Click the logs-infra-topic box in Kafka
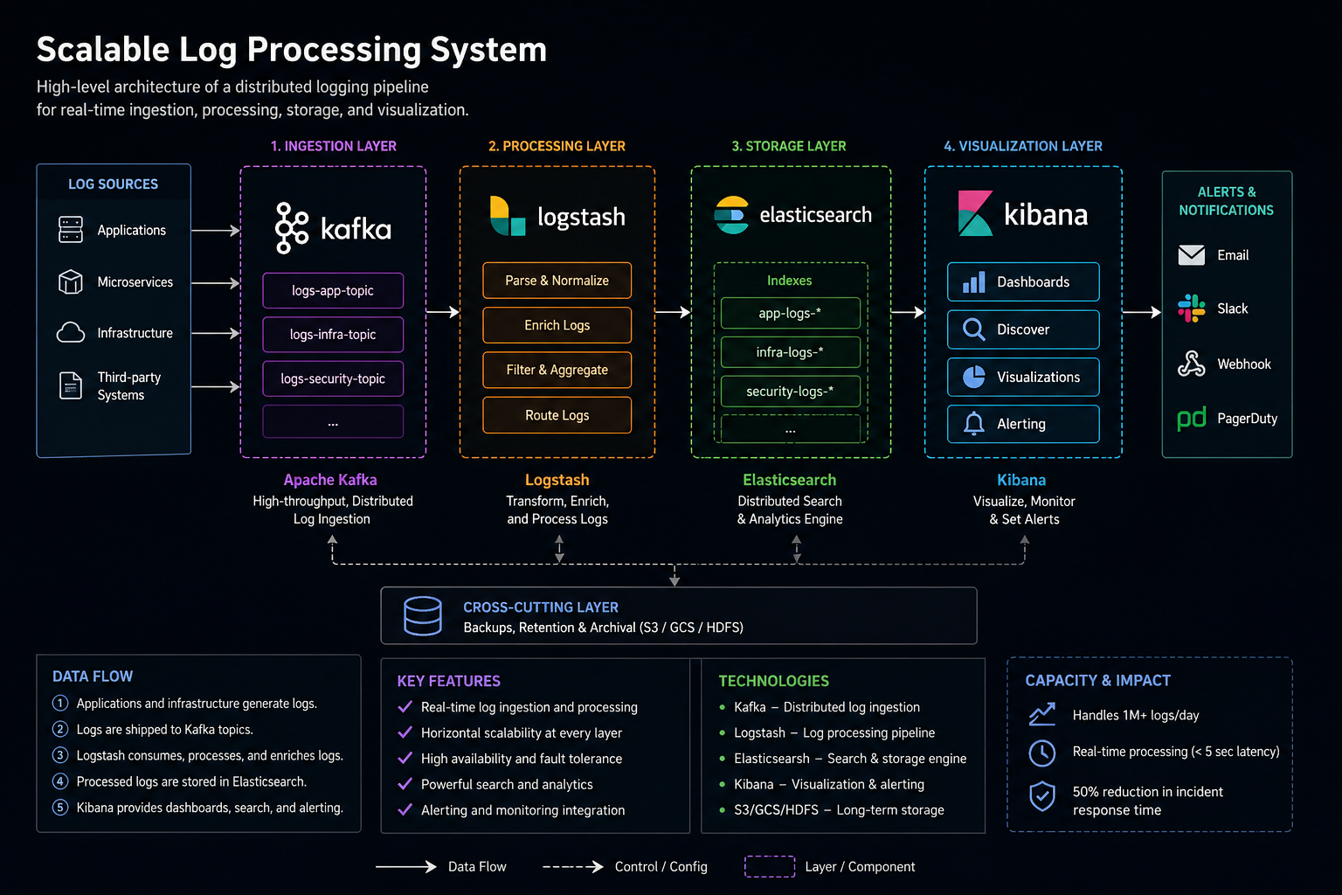point(333,334)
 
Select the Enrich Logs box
point(557,325)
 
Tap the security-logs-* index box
point(790,391)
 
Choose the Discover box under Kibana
point(1023,330)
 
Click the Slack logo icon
point(1191,309)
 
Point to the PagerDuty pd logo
point(1192,419)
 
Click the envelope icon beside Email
point(1191,255)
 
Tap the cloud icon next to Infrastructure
point(71,333)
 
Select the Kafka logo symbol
point(291,228)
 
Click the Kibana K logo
point(975,214)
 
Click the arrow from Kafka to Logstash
point(443,311)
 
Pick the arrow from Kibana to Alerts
point(1141,311)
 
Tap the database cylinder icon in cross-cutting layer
point(423,616)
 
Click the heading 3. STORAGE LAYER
point(788,146)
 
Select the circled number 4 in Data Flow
point(60,781)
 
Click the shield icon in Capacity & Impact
point(1041,796)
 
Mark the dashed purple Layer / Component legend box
point(769,866)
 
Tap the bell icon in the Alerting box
point(973,424)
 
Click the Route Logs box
point(557,415)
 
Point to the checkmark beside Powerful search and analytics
point(405,784)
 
